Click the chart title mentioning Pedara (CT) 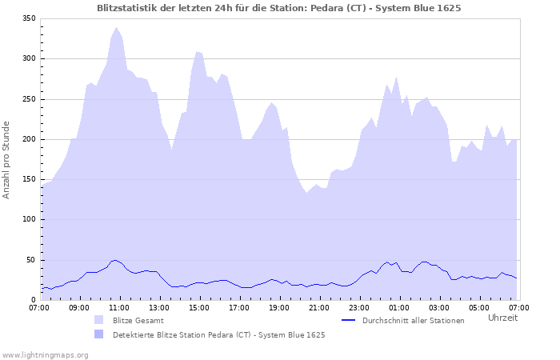[x=278, y=7]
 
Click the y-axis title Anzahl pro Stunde [x=6, y=160]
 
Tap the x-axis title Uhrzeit [x=502, y=318]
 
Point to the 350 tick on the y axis [x=29, y=18]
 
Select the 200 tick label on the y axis [x=29, y=139]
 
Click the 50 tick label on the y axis [x=31, y=260]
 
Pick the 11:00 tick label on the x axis [x=119, y=307]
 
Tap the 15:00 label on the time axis [x=199, y=307]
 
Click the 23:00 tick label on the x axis [x=359, y=307]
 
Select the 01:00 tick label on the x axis [x=399, y=307]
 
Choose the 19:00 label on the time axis [x=279, y=307]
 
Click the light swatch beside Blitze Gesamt [x=99, y=320]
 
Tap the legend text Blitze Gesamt [x=138, y=321]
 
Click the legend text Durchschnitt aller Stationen [x=413, y=321]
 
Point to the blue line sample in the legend [x=348, y=320]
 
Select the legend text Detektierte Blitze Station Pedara [x=218, y=334]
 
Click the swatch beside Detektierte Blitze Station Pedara [x=99, y=334]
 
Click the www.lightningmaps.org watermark [x=45, y=354]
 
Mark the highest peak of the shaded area [x=117, y=28]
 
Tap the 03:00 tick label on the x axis [x=439, y=307]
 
